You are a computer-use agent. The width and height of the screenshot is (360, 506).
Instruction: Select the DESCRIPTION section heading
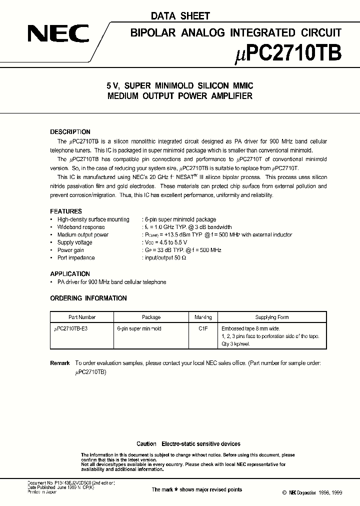point(70,132)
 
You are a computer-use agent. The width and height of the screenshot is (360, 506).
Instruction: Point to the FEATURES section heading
point(66,211)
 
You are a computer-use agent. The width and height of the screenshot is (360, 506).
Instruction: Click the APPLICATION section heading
point(70,274)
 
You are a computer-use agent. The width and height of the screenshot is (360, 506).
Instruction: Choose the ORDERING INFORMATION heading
point(88,298)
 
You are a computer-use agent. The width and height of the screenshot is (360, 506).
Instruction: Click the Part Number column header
point(82,317)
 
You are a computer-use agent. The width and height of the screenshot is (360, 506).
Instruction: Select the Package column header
point(151,317)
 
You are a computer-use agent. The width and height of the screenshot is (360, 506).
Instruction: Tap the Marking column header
point(202,317)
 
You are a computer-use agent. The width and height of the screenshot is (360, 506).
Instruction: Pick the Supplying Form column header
point(272,317)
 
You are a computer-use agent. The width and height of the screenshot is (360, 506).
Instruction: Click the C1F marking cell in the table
point(202,329)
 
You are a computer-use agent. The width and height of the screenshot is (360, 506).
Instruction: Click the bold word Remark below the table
point(60,363)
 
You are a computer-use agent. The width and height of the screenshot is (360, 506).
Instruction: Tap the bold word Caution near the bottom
point(146,444)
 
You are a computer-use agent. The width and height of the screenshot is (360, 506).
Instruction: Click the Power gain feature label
point(70,250)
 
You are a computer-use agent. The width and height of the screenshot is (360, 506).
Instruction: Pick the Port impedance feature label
point(76,258)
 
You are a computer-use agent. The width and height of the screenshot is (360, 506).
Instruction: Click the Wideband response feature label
point(81,227)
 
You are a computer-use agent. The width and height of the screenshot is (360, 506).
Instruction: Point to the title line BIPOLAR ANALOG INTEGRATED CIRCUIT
point(236,33)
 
